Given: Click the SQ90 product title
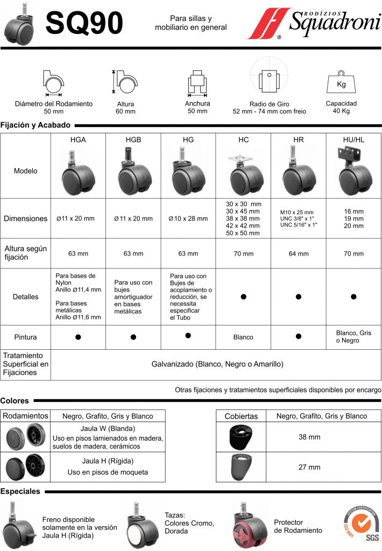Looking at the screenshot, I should click(84, 23).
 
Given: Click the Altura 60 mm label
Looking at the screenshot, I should click(125, 108).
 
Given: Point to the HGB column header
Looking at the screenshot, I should click(133, 139).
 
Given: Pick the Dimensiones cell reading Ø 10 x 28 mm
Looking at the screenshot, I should click(188, 218).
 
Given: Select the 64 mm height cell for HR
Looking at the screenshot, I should click(299, 253).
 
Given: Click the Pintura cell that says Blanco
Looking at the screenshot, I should click(243, 337).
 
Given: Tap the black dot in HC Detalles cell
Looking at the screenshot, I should click(243, 296).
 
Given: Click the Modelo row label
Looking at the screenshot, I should click(26, 171).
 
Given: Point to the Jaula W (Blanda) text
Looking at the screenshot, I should click(108, 428).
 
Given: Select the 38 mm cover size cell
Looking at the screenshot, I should click(309, 437).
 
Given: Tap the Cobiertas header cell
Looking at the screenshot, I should click(241, 416).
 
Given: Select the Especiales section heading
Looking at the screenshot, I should click(20, 491).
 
